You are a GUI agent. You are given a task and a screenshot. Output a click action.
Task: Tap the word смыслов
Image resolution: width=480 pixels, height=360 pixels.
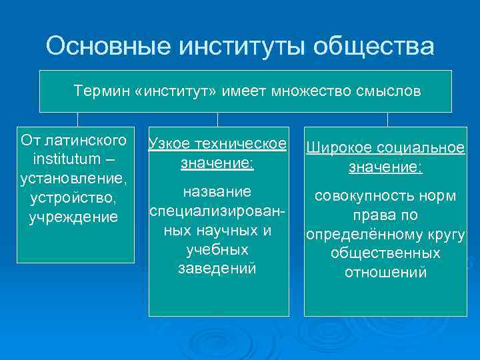click(x=390, y=91)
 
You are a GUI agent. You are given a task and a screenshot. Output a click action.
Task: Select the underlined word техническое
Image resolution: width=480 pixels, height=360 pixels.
click(x=242, y=145)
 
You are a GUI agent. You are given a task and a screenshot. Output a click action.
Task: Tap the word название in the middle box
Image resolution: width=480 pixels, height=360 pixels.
click(x=218, y=192)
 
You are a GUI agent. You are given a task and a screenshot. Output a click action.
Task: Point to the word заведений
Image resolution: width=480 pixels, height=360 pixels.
click(x=218, y=269)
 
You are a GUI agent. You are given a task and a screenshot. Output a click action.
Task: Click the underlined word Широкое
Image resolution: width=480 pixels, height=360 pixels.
click(x=337, y=149)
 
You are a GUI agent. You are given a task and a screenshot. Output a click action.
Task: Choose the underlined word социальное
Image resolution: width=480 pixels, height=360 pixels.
click(x=420, y=149)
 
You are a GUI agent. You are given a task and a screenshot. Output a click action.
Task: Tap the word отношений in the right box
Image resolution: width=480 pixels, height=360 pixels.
click(x=385, y=273)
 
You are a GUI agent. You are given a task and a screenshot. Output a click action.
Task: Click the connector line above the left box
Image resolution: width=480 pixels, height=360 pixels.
click(x=78, y=119)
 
